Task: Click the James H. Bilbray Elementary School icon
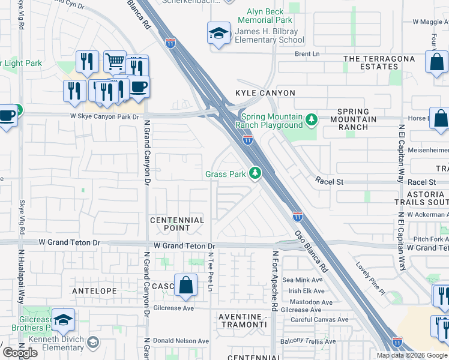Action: click(219, 34)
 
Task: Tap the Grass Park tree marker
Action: click(255, 174)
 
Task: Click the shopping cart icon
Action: click(115, 61)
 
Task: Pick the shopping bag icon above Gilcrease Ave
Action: click(187, 286)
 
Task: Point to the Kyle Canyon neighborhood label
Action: click(265, 93)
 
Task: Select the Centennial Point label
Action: click(177, 224)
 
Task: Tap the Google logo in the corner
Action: click(20, 353)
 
